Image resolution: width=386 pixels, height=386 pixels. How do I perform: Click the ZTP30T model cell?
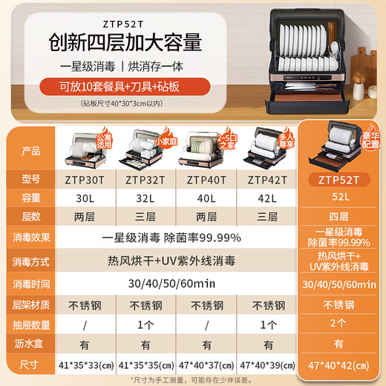pos(84,179)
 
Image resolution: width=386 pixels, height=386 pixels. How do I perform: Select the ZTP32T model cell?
pos(145,179)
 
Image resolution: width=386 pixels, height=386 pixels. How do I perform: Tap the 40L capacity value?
pos(208,199)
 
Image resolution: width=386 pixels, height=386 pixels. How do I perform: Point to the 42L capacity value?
pos(269,199)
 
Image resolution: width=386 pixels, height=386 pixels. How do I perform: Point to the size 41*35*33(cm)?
pos(84,365)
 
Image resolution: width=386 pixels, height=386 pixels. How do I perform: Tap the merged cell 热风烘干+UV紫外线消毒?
pos(177,262)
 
